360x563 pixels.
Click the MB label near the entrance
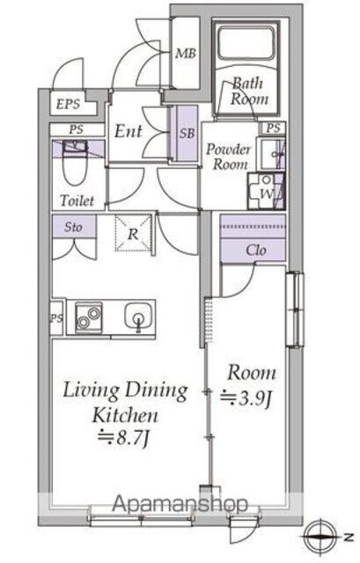click(x=186, y=54)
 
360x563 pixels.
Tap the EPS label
click(x=68, y=104)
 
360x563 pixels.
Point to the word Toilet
click(x=77, y=201)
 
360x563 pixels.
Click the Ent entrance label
click(x=129, y=131)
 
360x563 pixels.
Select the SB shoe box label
click(x=187, y=133)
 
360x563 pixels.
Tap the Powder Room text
click(x=228, y=157)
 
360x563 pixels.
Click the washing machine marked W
click(x=266, y=192)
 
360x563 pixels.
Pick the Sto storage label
click(x=73, y=227)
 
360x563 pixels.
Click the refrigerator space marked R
click(x=133, y=232)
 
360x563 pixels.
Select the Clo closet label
click(x=256, y=250)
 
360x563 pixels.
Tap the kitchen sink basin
click(x=139, y=315)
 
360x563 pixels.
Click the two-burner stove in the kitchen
click(x=88, y=318)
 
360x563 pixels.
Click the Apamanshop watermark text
click(x=180, y=504)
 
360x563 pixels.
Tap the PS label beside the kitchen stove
click(x=56, y=318)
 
